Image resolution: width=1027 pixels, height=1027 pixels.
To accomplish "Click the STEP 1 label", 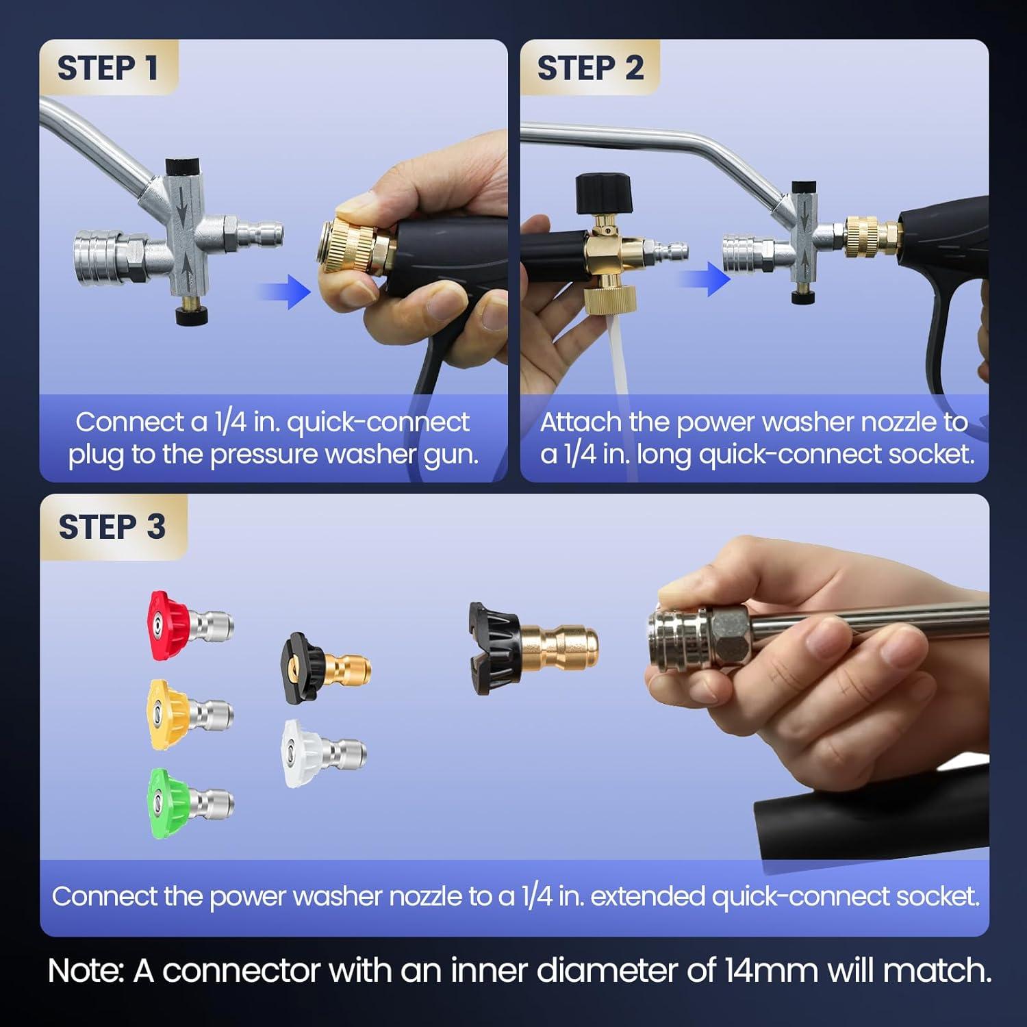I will tap(107, 68).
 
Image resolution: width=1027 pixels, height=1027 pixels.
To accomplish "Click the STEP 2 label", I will tap(590, 68).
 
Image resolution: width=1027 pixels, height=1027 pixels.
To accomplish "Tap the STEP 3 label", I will tap(112, 527).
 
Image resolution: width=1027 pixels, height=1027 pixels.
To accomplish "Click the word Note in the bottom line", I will tap(85, 971).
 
